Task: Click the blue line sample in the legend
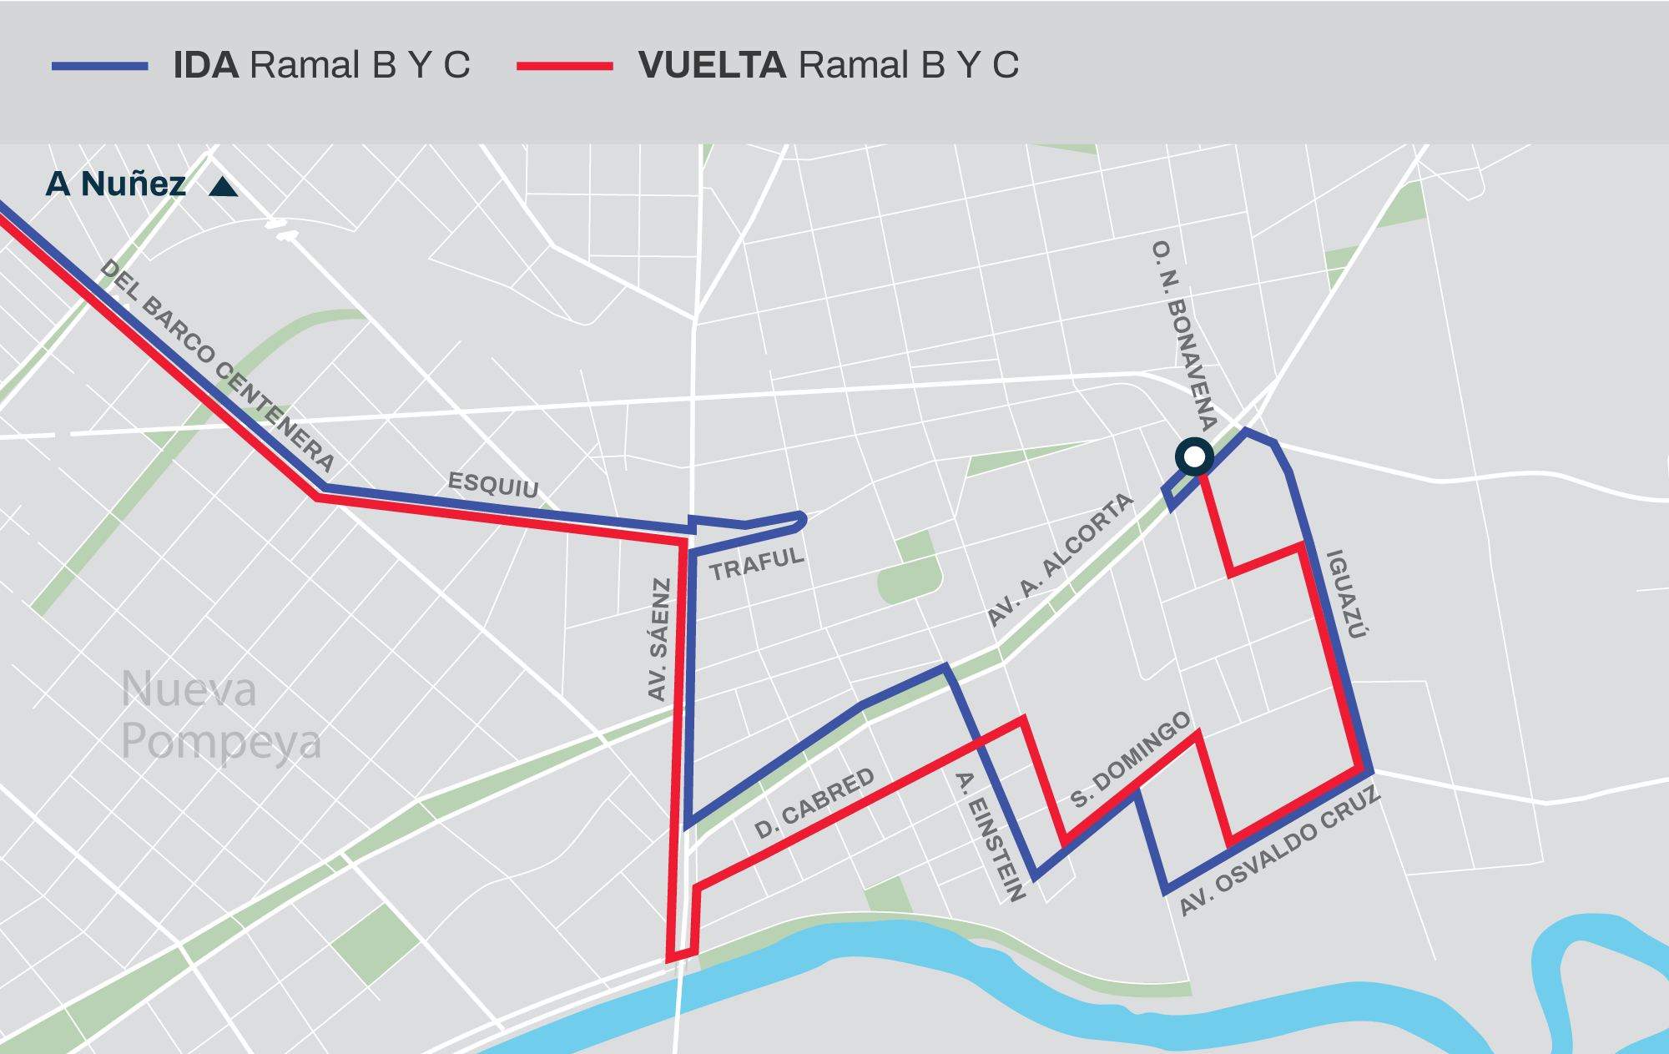(x=100, y=66)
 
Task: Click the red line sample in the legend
(x=565, y=66)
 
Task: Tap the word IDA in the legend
(x=206, y=65)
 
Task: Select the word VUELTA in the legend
(x=712, y=65)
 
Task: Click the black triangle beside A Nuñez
(x=223, y=187)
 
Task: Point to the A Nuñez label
(x=116, y=184)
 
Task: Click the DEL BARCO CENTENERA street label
(x=217, y=366)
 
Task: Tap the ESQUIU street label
(x=493, y=484)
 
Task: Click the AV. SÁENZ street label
(x=659, y=639)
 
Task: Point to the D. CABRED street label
(x=814, y=803)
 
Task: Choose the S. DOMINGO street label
(x=1131, y=759)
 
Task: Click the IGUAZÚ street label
(x=1347, y=593)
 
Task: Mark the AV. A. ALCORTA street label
(x=1060, y=558)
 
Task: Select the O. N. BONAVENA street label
(x=1183, y=335)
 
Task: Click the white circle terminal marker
(x=1194, y=456)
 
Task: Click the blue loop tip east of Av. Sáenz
(x=802, y=519)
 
